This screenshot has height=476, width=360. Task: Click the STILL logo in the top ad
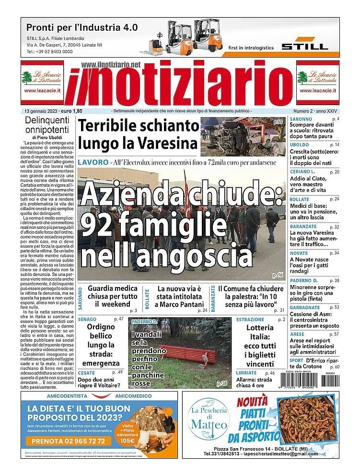pos(304,47)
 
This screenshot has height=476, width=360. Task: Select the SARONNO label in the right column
pos(301,119)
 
